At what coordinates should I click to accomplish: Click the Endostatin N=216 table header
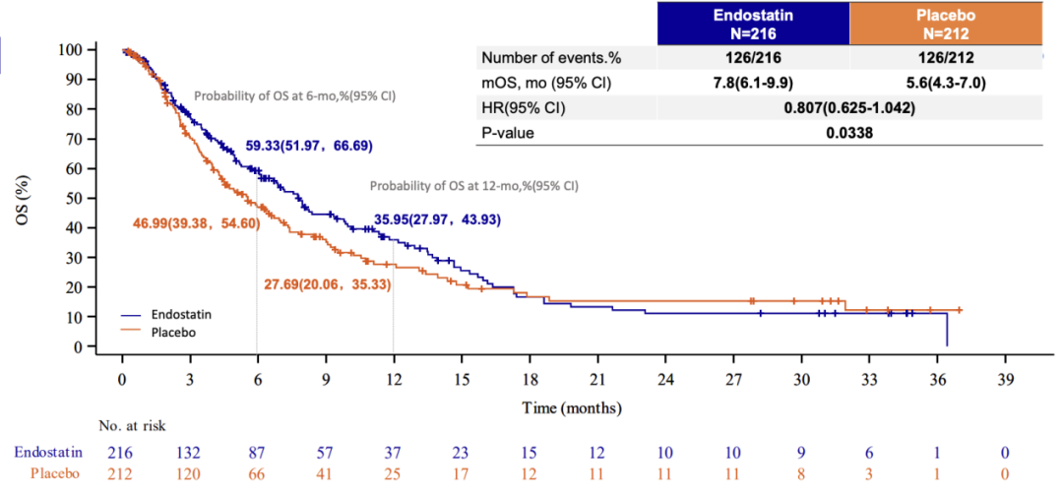pyautogui.click(x=753, y=23)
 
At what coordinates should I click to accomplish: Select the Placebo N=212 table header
pyautogui.click(x=946, y=23)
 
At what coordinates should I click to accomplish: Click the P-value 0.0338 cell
pyautogui.click(x=848, y=134)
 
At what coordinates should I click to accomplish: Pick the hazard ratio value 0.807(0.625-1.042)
pyautogui.click(x=848, y=108)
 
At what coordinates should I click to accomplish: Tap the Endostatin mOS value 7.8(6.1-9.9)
pyautogui.click(x=753, y=84)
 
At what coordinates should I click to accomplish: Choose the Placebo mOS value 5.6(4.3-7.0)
pyautogui.click(x=946, y=84)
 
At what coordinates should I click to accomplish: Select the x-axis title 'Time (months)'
pyautogui.click(x=572, y=408)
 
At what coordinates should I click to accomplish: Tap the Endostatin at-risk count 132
pyautogui.click(x=190, y=451)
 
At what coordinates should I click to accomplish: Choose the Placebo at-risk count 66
pyautogui.click(x=258, y=472)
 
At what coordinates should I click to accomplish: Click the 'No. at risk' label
pyautogui.click(x=132, y=425)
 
